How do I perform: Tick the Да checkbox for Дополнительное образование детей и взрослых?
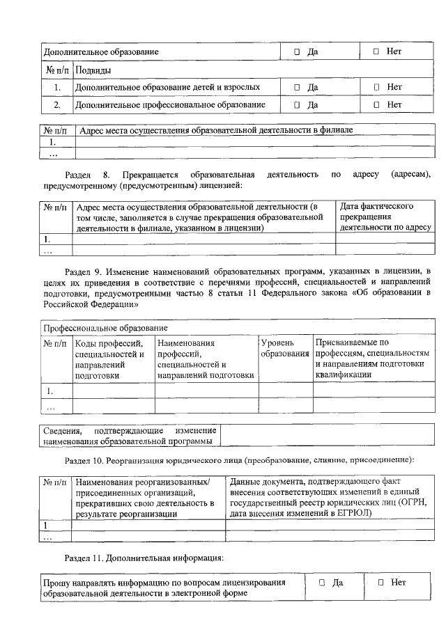[297, 88]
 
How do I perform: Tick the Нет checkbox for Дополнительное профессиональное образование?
[376, 104]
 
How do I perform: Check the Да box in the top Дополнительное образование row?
[297, 52]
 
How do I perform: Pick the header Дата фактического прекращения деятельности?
[385, 216]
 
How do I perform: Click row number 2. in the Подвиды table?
[57, 105]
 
